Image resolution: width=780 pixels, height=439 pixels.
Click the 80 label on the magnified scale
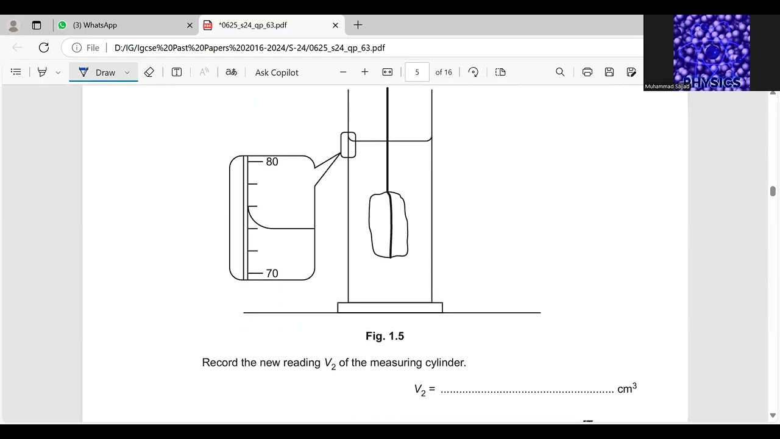tap(272, 162)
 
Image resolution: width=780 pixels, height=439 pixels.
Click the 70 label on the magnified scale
tap(272, 274)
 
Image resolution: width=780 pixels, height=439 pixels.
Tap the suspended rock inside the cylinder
tap(388, 225)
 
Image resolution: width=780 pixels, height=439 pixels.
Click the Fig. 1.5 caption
tap(385, 336)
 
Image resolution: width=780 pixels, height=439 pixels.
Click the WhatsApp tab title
tap(95, 25)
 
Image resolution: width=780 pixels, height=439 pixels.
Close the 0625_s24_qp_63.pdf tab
tap(335, 25)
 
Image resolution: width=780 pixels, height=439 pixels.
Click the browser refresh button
tap(44, 48)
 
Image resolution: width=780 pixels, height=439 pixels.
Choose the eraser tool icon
tap(149, 72)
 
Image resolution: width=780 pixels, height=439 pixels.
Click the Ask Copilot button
tap(277, 73)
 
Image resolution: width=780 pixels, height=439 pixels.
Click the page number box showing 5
tap(417, 72)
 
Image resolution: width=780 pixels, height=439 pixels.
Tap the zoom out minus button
tap(343, 72)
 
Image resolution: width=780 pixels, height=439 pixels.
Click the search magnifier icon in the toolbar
tap(560, 72)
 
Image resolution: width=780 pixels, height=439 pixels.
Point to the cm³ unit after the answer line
tap(627, 388)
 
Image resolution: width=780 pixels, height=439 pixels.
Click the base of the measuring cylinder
tap(390, 308)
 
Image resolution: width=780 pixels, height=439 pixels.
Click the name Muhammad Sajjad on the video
tap(667, 87)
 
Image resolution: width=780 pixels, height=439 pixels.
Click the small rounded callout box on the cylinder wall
tap(348, 145)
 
